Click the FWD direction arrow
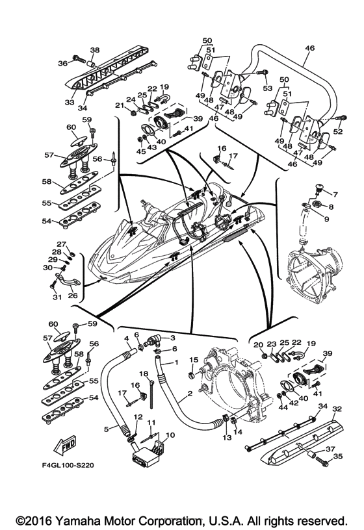click(64, 445)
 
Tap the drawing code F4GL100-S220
click(68, 466)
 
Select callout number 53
click(268, 88)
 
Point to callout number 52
click(338, 131)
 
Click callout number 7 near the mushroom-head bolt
click(335, 194)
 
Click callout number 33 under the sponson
click(70, 102)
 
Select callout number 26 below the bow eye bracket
click(73, 295)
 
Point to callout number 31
click(57, 297)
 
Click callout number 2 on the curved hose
click(189, 394)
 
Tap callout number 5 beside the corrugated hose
click(106, 429)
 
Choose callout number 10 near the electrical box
click(170, 435)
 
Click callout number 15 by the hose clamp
click(193, 360)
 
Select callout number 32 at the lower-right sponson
click(337, 409)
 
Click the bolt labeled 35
click(322, 462)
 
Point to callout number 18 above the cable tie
click(144, 373)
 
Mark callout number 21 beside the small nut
click(120, 105)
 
